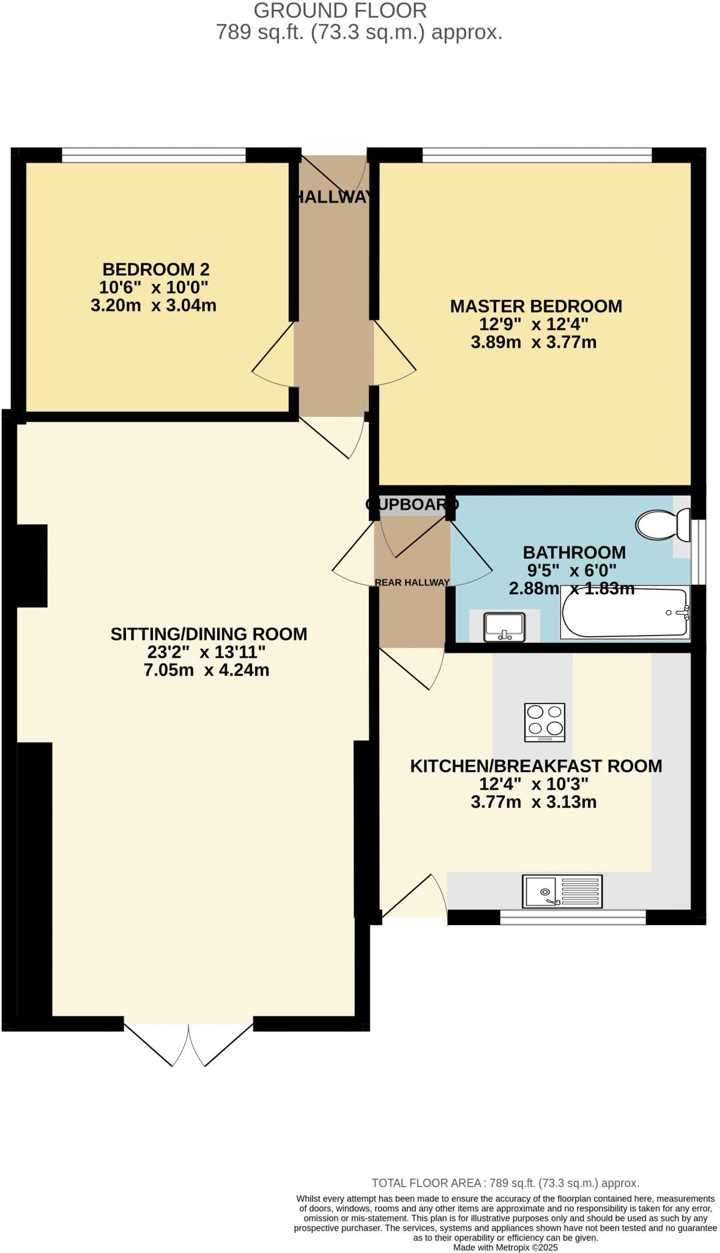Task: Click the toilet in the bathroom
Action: [661, 524]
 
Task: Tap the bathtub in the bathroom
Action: [624, 612]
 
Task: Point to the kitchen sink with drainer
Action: [562, 891]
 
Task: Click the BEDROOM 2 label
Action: [156, 269]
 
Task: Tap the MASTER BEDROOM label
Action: [536, 306]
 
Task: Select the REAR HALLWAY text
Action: [412, 582]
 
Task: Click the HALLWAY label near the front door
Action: [333, 197]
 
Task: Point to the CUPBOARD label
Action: [412, 505]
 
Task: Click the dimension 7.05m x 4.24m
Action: [206, 670]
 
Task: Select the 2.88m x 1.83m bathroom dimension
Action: [571, 589]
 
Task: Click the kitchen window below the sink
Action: [573, 917]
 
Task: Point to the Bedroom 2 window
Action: [154, 155]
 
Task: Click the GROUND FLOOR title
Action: [340, 10]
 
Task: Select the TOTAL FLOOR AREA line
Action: [505, 1183]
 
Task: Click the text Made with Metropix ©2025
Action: [505, 1247]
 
